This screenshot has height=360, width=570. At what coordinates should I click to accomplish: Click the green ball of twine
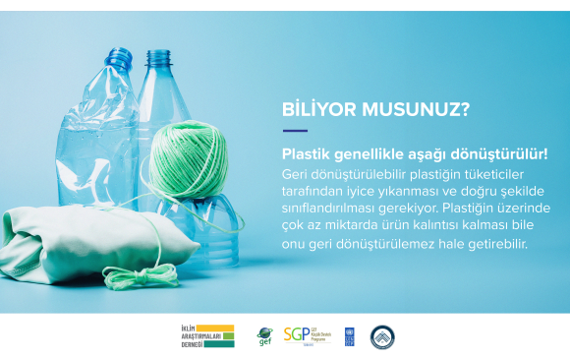point(189,157)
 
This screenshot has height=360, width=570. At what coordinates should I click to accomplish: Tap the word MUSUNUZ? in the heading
point(414,108)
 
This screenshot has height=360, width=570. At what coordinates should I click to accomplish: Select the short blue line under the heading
point(295,130)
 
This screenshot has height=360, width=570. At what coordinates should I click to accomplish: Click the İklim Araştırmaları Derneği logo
point(201,336)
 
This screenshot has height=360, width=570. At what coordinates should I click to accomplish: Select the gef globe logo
point(264,336)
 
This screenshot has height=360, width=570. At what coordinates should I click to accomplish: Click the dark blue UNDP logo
point(349,336)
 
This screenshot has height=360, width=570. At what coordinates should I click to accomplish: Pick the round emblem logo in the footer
point(382,336)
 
